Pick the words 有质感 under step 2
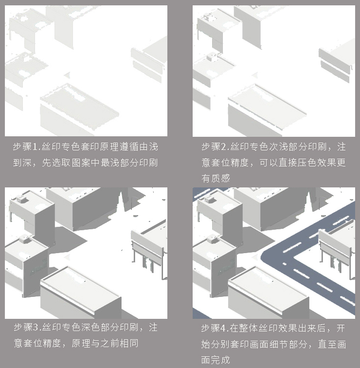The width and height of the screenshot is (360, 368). [216, 178]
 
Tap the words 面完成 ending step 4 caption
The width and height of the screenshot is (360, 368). [216, 360]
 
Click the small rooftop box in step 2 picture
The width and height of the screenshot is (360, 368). [213, 57]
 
